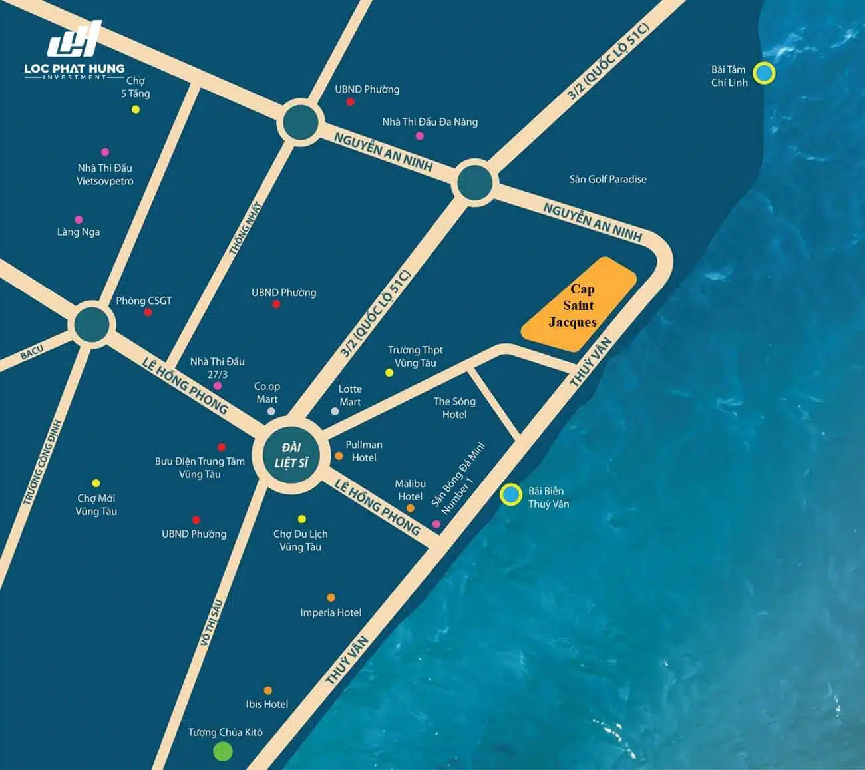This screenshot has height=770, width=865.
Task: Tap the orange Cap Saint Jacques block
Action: point(578,305)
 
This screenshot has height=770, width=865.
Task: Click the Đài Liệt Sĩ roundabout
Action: point(291,455)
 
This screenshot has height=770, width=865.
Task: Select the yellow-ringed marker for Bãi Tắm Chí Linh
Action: point(764,73)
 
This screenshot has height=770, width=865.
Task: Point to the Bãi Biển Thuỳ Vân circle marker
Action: point(510,494)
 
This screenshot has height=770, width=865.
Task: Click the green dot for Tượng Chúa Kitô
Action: point(222,751)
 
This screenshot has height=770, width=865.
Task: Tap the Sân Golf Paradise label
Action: point(607,179)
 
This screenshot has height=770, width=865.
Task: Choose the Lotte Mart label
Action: point(350,395)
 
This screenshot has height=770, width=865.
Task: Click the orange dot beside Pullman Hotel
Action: point(339,456)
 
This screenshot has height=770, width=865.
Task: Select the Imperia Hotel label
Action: point(331,612)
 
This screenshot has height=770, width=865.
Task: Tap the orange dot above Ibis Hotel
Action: point(267,691)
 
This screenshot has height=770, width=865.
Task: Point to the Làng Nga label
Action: point(79,232)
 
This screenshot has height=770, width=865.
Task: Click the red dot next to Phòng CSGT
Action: point(148,312)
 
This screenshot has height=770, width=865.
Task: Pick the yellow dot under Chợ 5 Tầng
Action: point(136,109)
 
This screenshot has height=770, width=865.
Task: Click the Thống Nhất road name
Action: point(244,228)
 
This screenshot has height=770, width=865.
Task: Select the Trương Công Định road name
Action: point(41,462)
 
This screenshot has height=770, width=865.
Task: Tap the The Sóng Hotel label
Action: point(454,407)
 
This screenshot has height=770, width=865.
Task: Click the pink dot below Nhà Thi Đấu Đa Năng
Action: point(419,136)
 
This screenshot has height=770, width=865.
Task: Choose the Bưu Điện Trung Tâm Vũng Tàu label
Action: point(200,467)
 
